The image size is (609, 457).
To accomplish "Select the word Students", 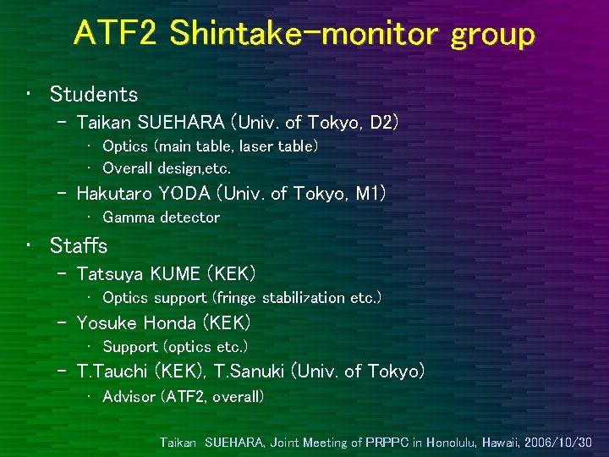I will click(x=93, y=94).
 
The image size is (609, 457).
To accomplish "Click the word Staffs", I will click(x=79, y=245).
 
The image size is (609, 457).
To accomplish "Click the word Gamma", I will click(x=129, y=217).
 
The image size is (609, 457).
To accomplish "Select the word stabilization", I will click(x=304, y=298).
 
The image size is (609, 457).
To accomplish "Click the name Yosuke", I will click(x=107, y=323).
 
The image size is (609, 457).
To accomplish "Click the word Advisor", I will click(x=129, y=397).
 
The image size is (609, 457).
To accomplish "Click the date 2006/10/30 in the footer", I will click(x=558, y=443).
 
